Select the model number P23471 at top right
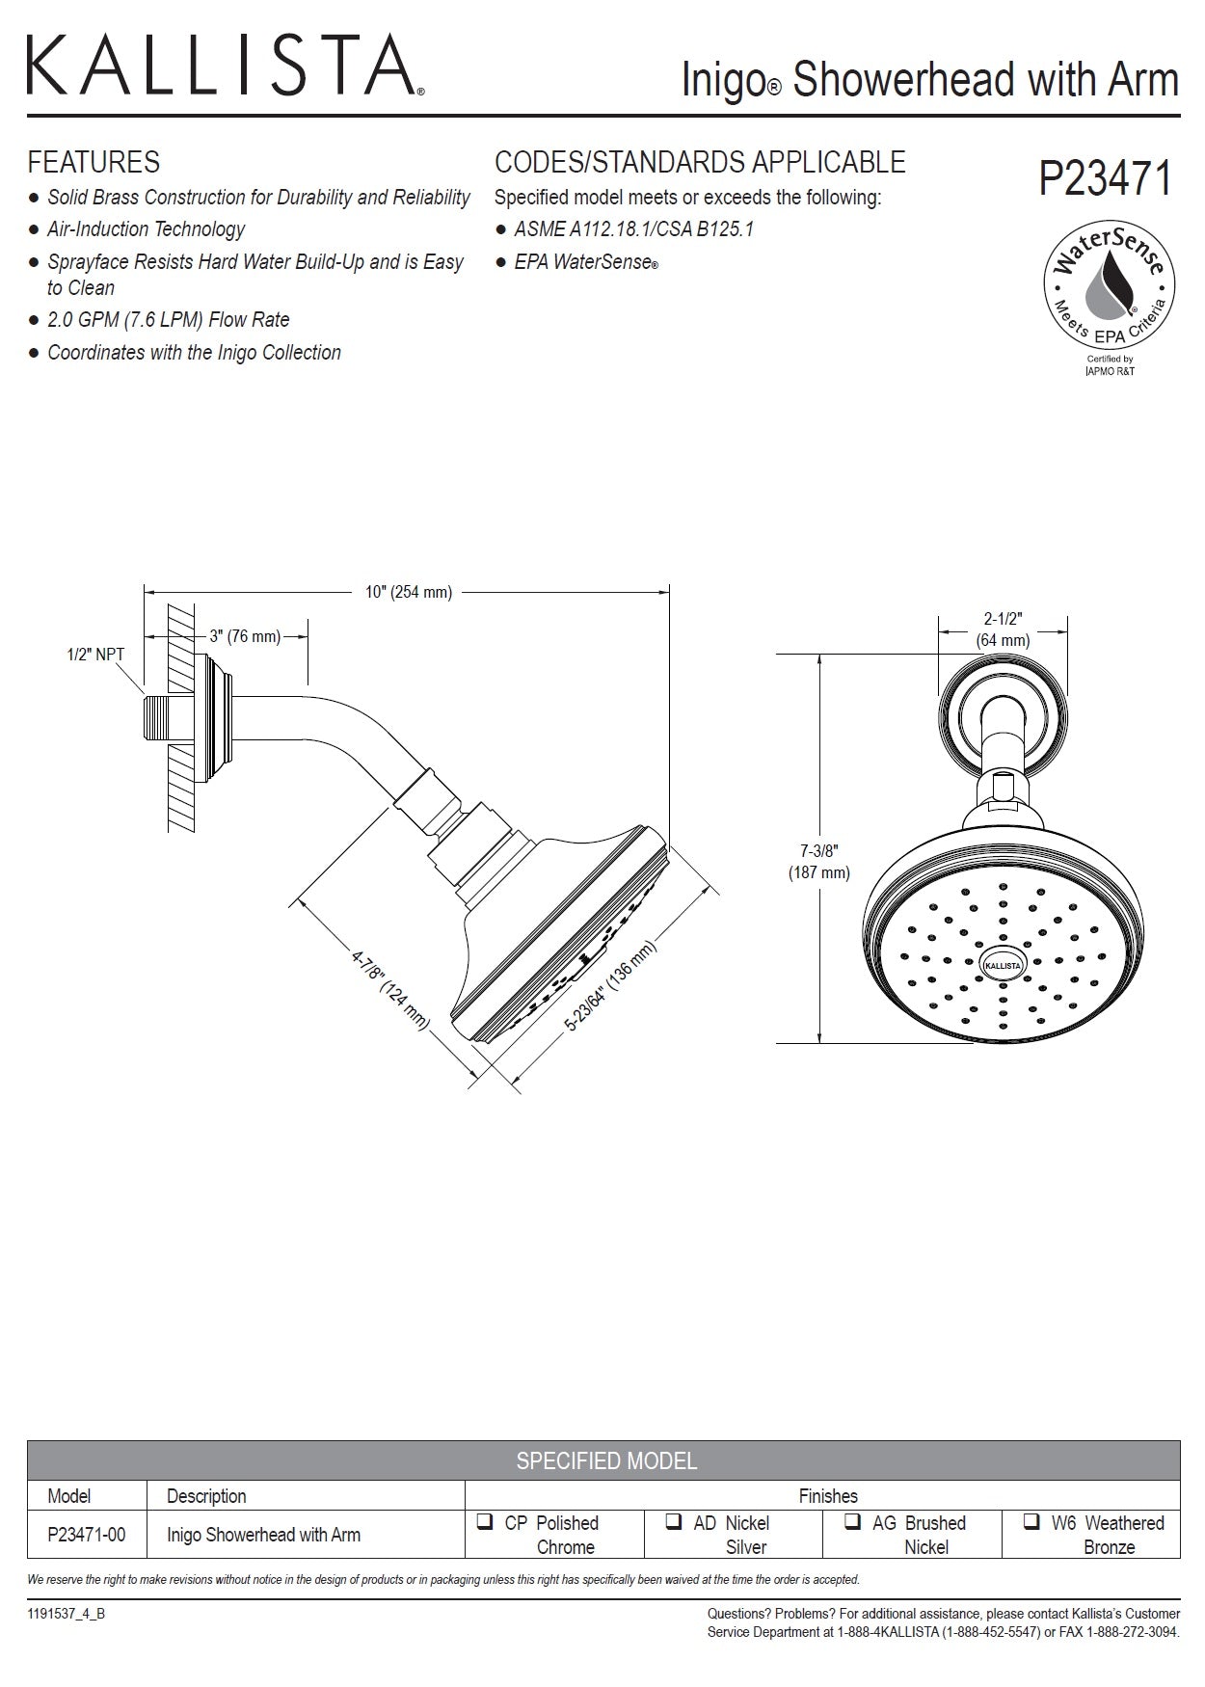click(x=1105, y=179)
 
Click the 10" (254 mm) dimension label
click(x=408, y=592)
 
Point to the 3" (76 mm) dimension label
click(x=245, y=636)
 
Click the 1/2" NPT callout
click(x=95, y=655)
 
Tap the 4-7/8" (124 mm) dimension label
click(x=389, y=988)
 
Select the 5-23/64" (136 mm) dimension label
click(x=610, y=986)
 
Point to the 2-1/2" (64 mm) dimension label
click(x=1003, y=629)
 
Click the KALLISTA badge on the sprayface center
click(x=1003, y=963)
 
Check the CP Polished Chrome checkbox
click(x=484, y=1523)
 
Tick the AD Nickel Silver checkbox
click(x=674, y=1523)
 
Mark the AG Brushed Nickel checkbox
click(x=852, y=1523)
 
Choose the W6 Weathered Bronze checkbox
click(x=1031, y=1523)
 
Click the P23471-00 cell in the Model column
click(x=86, y=1535)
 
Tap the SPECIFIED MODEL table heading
click(x=605, y=1460)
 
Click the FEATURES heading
click(x=94, y=162)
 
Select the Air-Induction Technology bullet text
click(x=146, y=229)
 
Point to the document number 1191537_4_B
click(x=67, y=1615)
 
